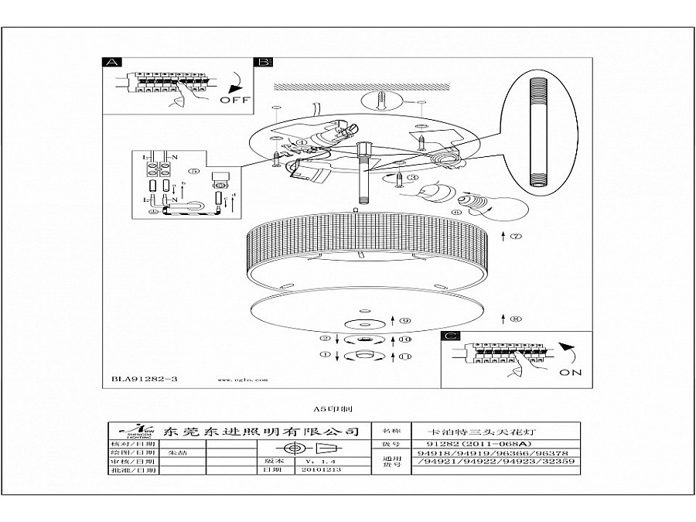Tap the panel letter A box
point(111,62)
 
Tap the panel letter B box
point(263,62)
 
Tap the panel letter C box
point(451,336)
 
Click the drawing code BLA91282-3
point(140,380)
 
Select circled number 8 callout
point(516,318)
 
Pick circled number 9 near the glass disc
point(404,320)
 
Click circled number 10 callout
point(404,339)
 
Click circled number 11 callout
point(404,356)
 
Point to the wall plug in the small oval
point(385,101)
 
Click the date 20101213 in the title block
point(302,469)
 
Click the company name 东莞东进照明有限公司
point(251,431)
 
